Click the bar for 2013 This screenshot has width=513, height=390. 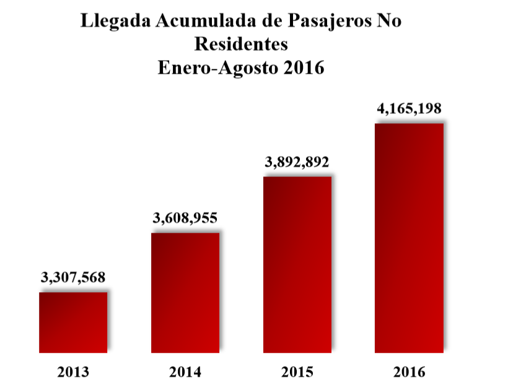coord(73,322)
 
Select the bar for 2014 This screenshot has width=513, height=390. coord(185,292)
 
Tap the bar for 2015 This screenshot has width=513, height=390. coord(297,264)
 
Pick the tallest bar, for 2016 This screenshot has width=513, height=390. coord(410,238)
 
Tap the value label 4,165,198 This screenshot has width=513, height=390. coord(409,108)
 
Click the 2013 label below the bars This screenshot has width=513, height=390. coord(73,372)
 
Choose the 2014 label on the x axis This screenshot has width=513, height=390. coord(185,372)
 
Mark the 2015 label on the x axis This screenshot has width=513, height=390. coord(297,372)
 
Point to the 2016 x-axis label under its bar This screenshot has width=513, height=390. coord(410,372)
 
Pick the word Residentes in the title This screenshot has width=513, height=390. coord(242,44)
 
